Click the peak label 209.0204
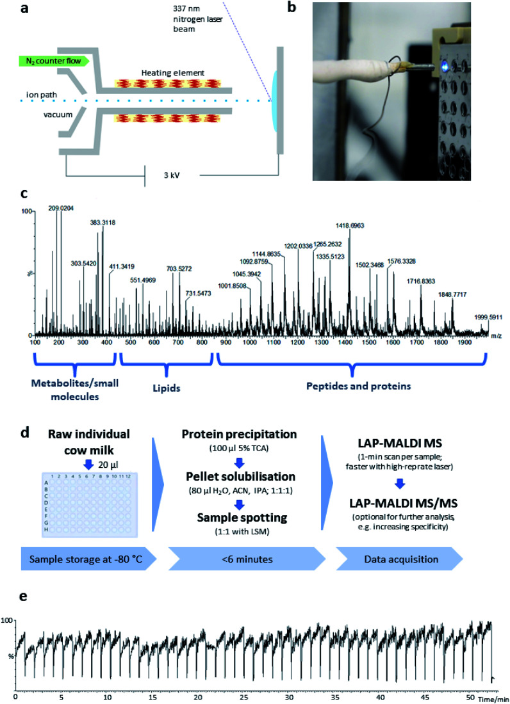click(60, 207)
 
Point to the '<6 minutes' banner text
click(251, 557)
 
